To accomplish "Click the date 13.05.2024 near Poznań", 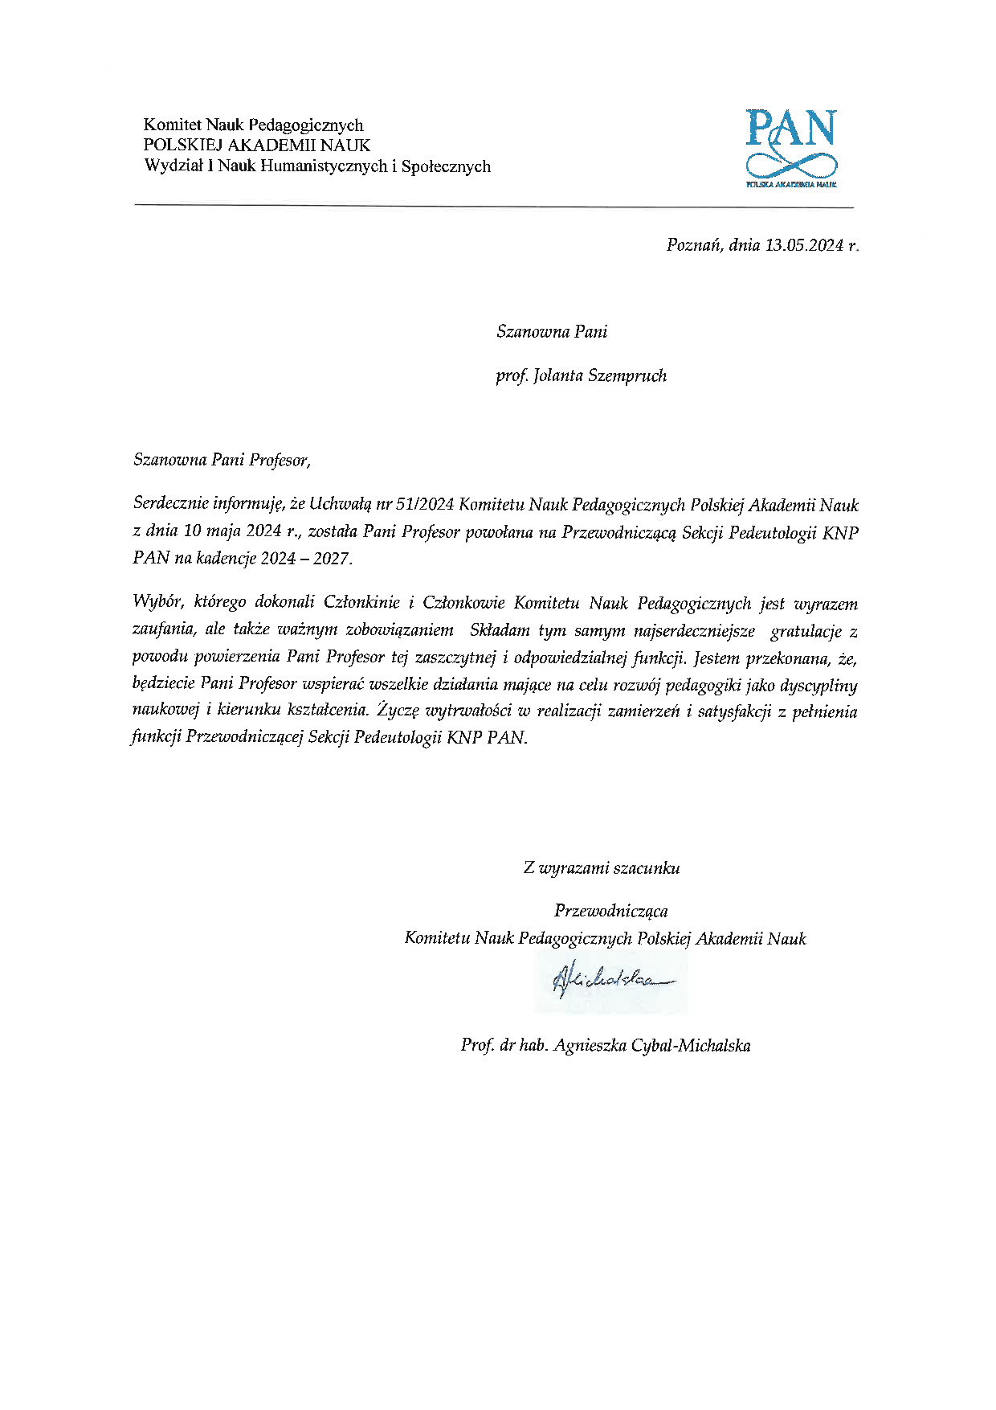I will click(x=803, y=245).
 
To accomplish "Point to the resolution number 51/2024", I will click(x=426, y=505).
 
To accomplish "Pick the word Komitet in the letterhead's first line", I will click(x=172, y=125).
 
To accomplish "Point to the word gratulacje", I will click(x=806, y=631).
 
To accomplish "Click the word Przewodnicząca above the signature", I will click(x=610, y=911).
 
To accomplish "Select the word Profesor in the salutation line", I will click(x=279, y=460).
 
